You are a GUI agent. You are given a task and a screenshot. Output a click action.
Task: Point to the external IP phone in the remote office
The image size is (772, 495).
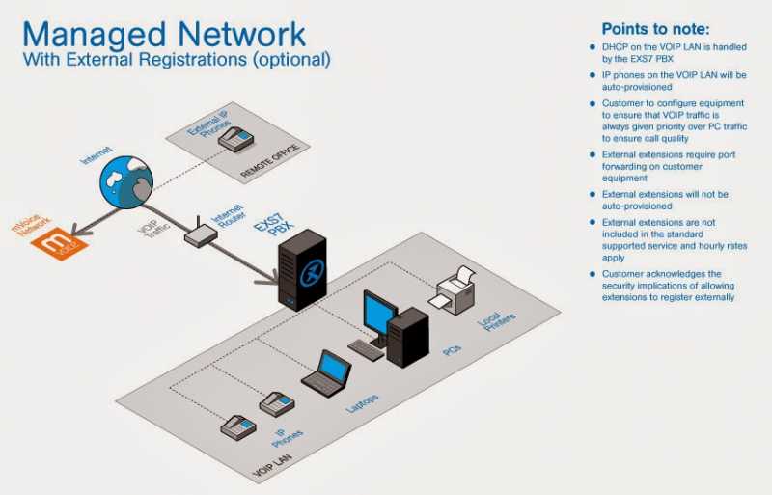[x=235, y=140]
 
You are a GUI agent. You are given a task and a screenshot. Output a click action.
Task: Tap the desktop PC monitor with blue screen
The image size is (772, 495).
[x=378, y=315]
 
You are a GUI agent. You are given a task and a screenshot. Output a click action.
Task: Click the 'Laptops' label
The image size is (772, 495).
[x=368, y=403]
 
